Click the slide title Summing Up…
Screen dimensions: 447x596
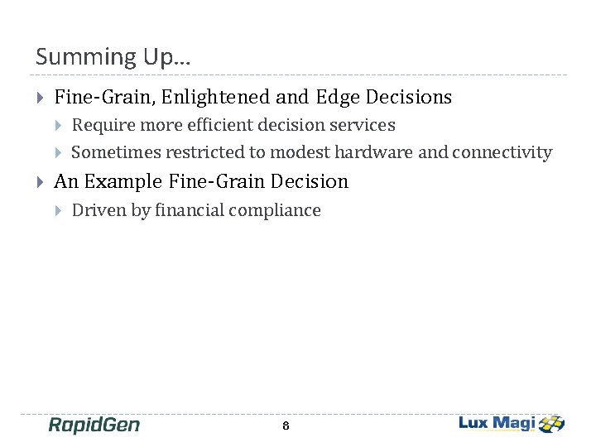(x=113, y=57)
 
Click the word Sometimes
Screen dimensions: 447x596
(x=116, y=152)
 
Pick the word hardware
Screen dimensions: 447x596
(x=377, y=152)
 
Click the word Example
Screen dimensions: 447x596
(x=123, y=180)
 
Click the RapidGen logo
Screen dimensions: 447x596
(x=94, y=425)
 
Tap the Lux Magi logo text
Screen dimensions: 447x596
(x=497, y=423)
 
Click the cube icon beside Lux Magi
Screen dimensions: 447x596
(x=551, y=424)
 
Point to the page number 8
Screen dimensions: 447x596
(x=286, y=426)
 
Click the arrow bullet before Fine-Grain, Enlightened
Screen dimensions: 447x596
(x=41, y=98)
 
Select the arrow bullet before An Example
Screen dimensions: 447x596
(x=41, y=181)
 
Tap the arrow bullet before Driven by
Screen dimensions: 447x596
(x=58, y=210)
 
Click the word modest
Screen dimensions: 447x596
(x=306, y=152)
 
